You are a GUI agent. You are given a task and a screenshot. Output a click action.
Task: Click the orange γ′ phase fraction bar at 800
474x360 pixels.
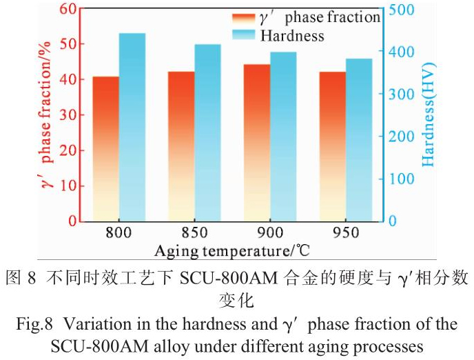pyautogui.click(x=105, y=148)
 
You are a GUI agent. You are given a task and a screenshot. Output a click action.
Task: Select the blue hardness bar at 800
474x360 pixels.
pyautogui.click(x=132, y=127)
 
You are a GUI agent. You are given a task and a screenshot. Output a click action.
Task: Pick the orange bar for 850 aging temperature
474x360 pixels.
pyautogui.click(x=181, y=146)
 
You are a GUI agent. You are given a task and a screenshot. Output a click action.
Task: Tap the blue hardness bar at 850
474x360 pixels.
pyautogui.click(x=207, y=132)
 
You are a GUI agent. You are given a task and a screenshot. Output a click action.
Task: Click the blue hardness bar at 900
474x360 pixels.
pyautogui.click(x=283, y=137)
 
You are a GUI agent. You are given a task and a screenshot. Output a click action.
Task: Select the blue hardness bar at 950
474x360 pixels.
pyautogui.click(x=358, y=139)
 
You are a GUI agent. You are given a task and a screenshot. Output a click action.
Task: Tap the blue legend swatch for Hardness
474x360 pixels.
pyautogui.click(x=243, y=34)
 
